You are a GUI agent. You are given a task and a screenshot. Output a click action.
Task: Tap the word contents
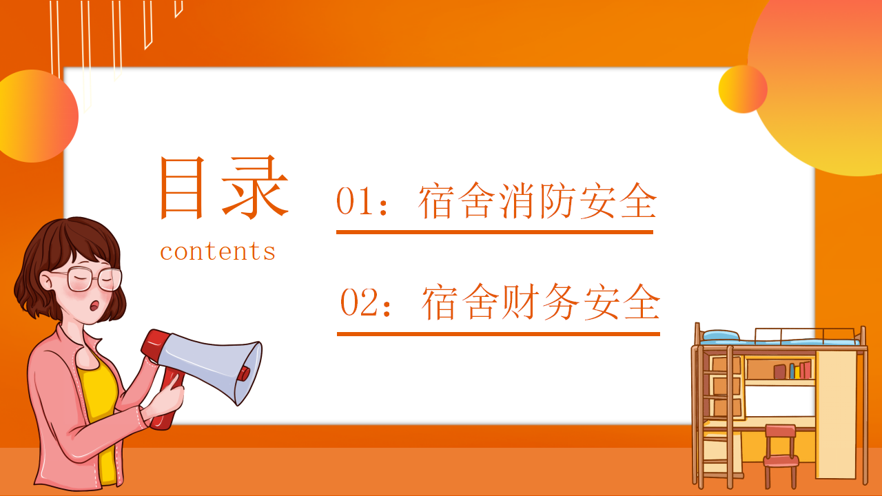click(x=217, y=251)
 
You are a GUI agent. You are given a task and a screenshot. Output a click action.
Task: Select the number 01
click(x=354, y=200)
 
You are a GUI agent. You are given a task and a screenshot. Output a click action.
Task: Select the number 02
click(x=359, y=302)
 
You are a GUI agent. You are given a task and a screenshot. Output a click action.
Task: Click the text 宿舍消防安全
click(x=537, y=200)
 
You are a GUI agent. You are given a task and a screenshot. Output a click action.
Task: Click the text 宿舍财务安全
click(x=541, y=302)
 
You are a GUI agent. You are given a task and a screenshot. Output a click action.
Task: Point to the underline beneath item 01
click(x=495, y=232)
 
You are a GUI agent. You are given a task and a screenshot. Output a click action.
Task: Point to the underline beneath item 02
click(x=498, y=334)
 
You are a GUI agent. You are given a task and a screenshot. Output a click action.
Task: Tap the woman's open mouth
click(x=95, y=305)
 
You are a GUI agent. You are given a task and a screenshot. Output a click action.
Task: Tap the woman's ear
click(x=46, y=281)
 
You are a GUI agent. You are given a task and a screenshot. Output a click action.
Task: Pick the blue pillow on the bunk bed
click(x=721, y=335)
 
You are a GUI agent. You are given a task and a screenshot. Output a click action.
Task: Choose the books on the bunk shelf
click(x=792, y=371)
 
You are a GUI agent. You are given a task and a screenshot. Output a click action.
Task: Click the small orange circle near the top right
click(x=743, y=89)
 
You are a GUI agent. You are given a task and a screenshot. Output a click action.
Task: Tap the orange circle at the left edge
click(x=37, y=116)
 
